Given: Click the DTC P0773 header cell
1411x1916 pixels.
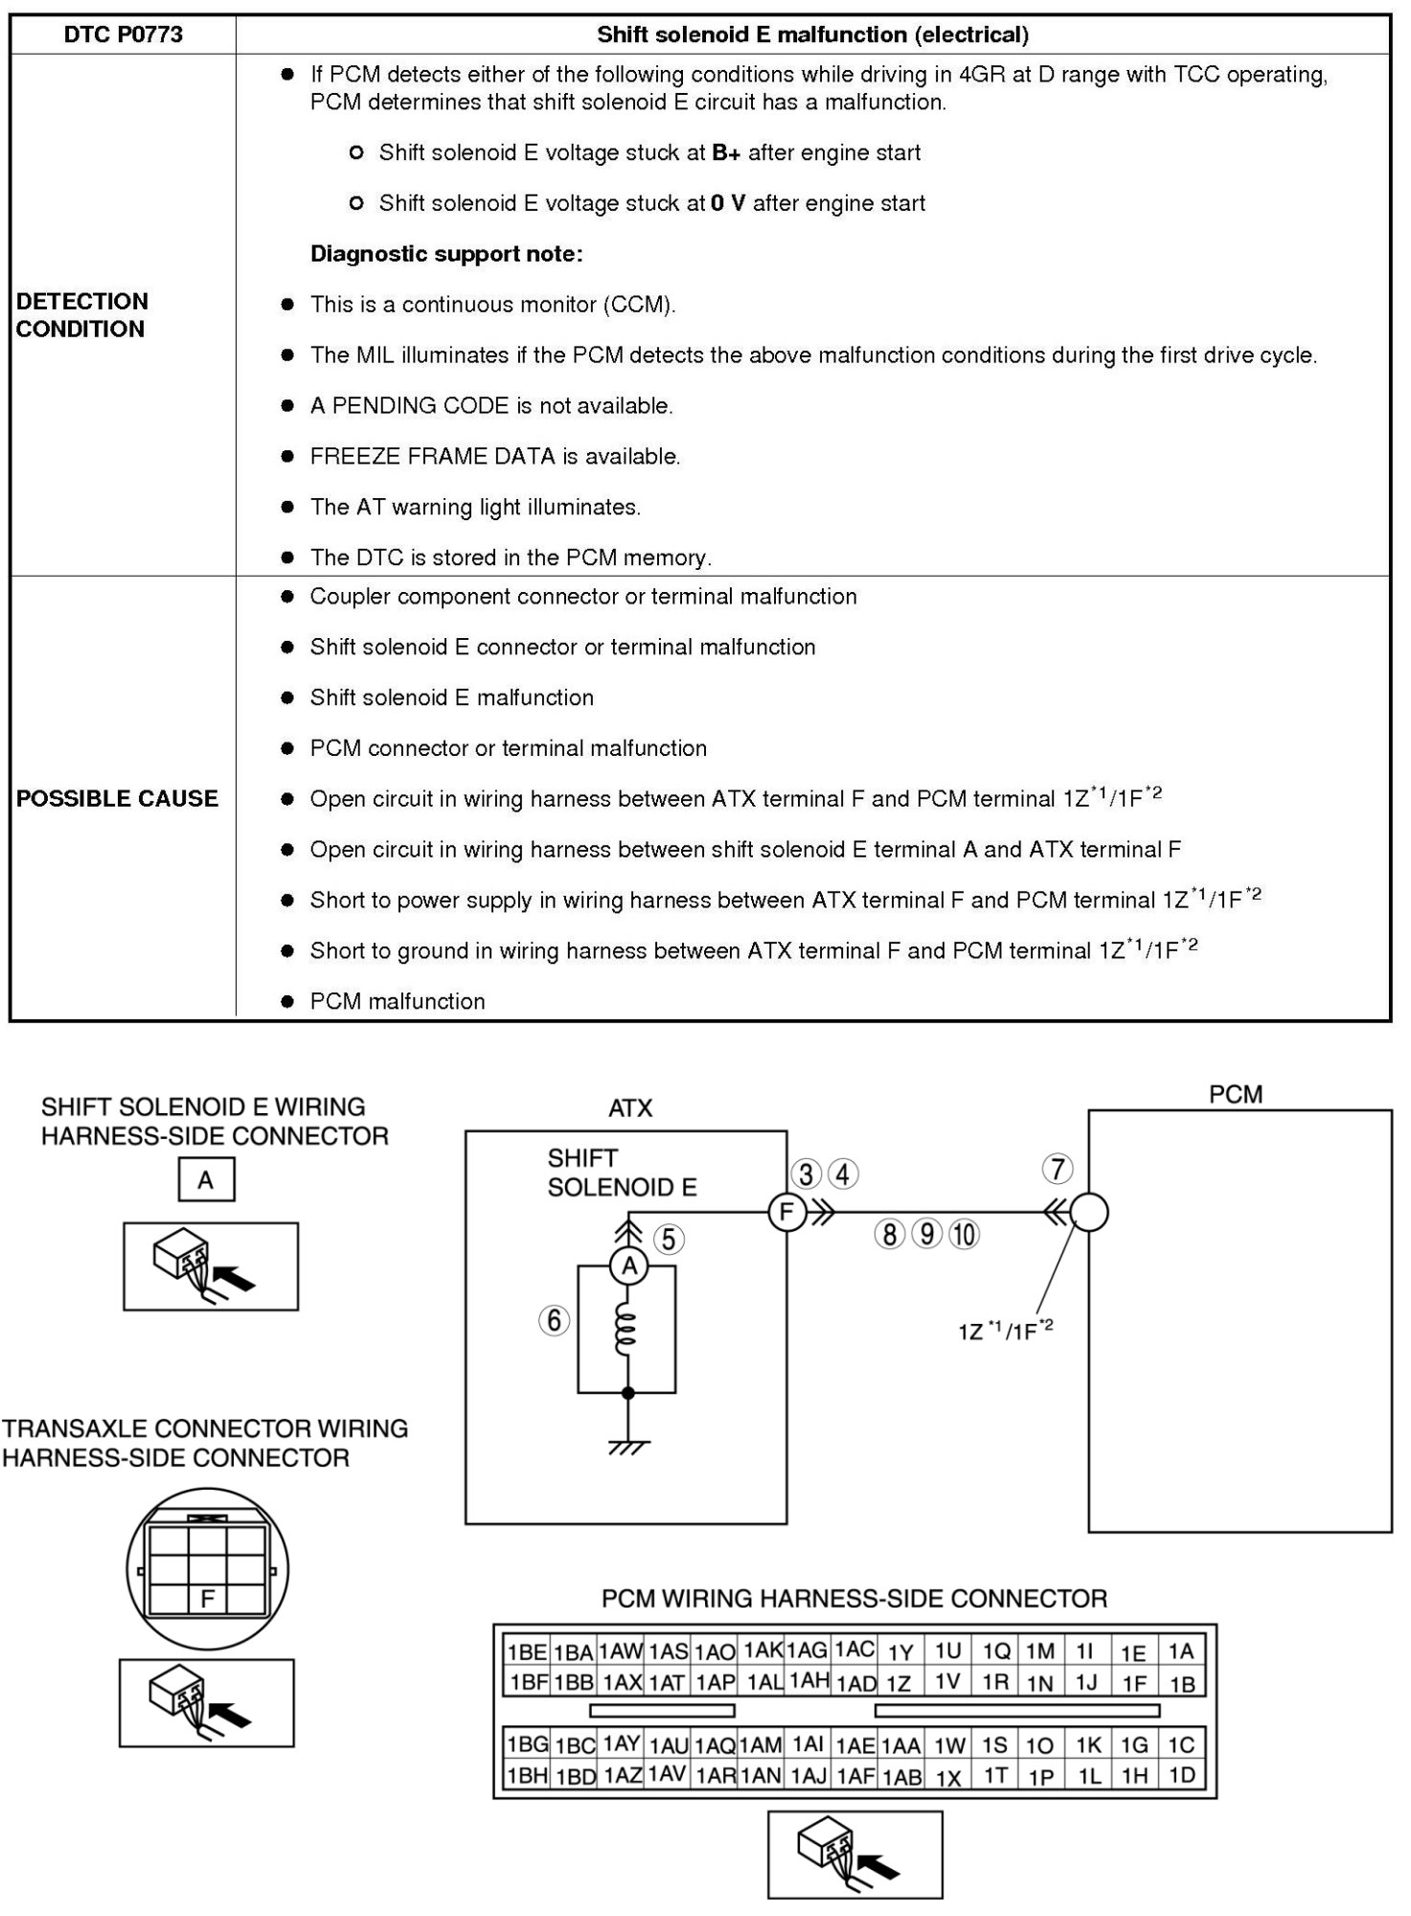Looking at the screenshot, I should [x=123, y=34].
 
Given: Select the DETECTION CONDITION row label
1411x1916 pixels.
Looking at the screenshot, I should [x=82, y=315].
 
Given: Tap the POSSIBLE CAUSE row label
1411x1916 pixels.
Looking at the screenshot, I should [x=117, y=798].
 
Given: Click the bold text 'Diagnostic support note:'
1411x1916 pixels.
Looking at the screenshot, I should [x=445, y=254].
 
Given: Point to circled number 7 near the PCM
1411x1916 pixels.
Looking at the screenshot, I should [x=1058, y=1169].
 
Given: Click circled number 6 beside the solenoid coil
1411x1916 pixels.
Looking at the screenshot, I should [x=554, y=1320].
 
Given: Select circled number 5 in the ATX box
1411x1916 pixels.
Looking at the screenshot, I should [x=669, y=1239].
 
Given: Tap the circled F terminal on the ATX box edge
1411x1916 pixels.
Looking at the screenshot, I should [x=785, y=1212].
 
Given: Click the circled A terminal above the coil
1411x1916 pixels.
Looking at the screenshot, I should [x=628, y=1266].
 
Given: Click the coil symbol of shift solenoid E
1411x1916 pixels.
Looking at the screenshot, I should [x=626, y=1326].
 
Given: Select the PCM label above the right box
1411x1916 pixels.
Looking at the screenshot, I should [x=1236, y=1094].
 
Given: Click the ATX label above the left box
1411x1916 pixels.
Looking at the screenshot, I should [x=630, y=1108].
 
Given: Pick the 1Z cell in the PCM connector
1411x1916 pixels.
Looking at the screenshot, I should [x=899, y=1683].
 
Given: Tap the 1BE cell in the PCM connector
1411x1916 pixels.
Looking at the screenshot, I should [x=527, y=1652].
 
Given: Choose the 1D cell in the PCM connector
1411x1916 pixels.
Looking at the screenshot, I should [x=1182, y=1775].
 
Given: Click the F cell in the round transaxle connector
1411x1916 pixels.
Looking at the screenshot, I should [x=207, y=1598].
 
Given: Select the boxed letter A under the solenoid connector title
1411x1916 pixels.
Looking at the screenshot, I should [x=206, y=1180].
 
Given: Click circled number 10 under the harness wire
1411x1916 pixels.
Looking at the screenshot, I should [x=965, y=1234].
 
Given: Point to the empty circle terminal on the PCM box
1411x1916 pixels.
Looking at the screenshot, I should [x=1088, y=1212].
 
